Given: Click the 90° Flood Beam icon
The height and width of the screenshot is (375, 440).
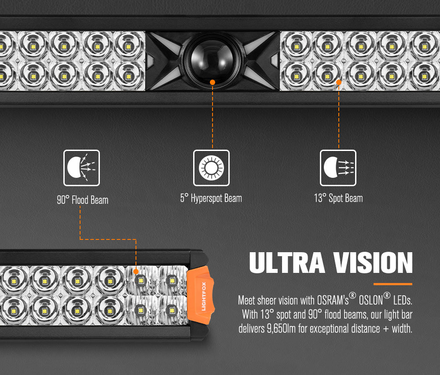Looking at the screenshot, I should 81,167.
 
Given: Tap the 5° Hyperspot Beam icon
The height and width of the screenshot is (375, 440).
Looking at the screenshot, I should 211,167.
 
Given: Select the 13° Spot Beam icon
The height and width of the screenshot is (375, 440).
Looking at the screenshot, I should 338,167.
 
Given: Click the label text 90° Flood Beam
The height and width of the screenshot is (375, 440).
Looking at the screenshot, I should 82,200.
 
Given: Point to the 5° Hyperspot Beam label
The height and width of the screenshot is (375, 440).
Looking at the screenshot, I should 211,199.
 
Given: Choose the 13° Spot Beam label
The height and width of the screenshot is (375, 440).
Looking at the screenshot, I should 338,199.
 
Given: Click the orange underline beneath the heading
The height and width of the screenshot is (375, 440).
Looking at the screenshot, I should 392,284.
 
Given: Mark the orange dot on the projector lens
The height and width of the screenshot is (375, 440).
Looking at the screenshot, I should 212,82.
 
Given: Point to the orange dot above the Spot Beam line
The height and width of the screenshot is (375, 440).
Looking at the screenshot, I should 339,82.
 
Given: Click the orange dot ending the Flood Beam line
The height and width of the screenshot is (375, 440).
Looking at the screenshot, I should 136,272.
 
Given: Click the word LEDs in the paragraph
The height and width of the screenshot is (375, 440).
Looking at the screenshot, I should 402,301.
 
